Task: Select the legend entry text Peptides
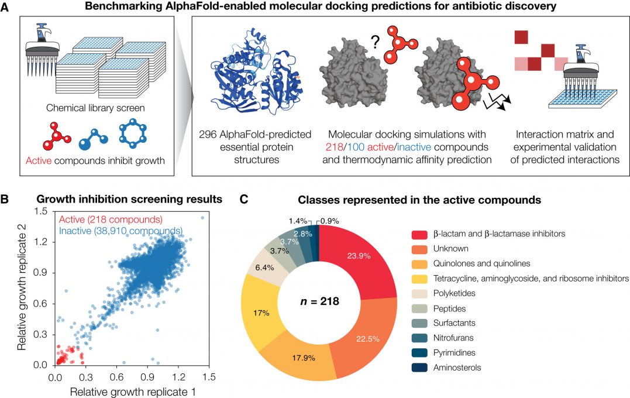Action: click(447, 308)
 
